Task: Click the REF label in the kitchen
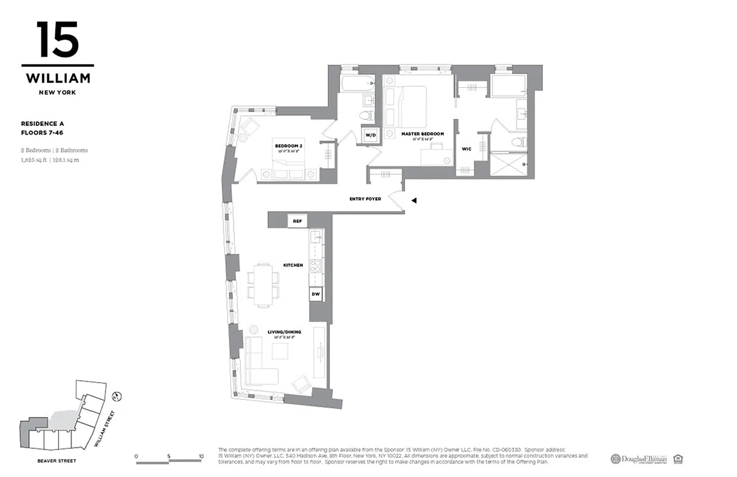[297, 221]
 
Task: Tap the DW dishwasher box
[315, 293]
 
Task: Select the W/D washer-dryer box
[371, 135]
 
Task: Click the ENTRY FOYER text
[365, 199]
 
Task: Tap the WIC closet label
[467, 149]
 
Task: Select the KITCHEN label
[293, 265]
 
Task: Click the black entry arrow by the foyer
[413, 202]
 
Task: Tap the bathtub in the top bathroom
[356, 83]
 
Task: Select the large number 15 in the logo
[58, 41]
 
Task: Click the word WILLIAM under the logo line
[58, 78]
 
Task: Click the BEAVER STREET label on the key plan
[57, 461]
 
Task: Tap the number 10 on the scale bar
[201, 457]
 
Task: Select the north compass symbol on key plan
[117, 395]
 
